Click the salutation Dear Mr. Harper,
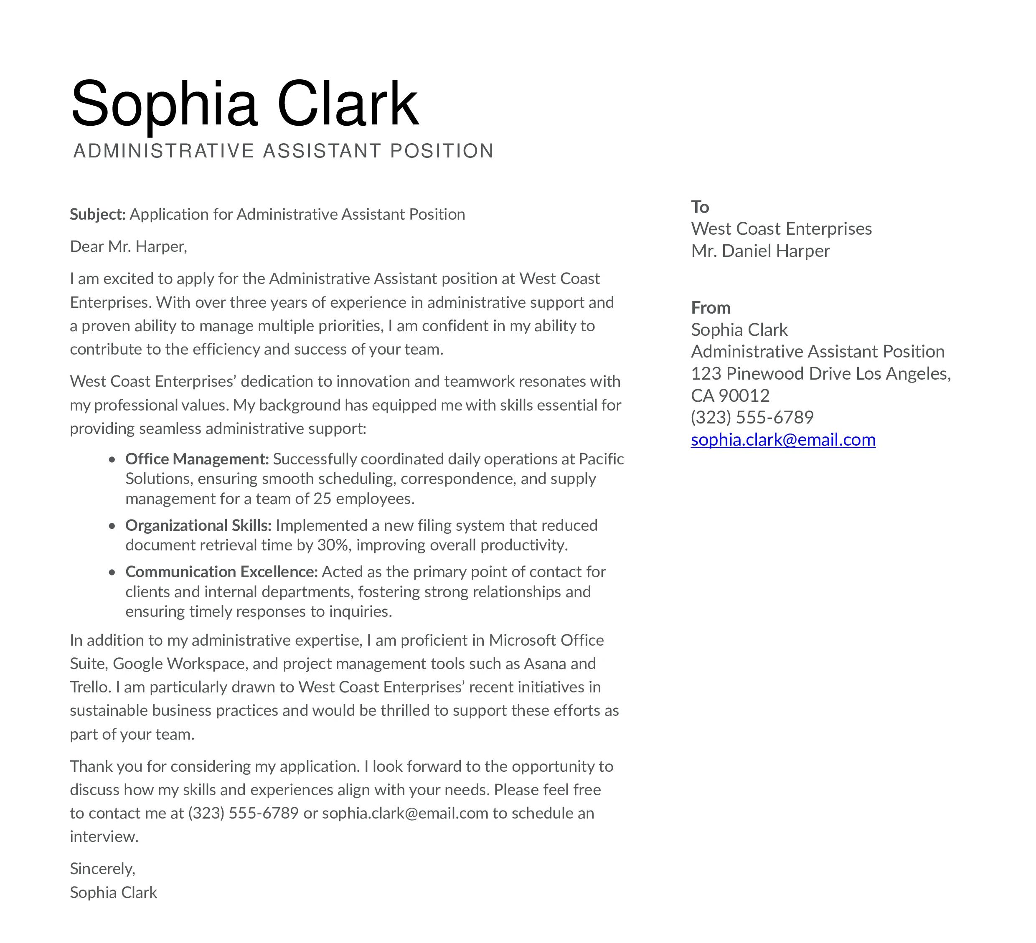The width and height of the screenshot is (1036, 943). coord(129,246)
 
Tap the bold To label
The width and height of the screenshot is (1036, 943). coord(700,207)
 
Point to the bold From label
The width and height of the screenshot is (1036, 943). coord(711,308)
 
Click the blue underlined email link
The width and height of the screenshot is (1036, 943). coord(783,440)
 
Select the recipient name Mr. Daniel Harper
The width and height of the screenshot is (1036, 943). coord(760,251)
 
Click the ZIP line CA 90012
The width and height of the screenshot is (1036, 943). coord(730,395)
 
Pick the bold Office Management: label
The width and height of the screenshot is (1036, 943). coord(197,459)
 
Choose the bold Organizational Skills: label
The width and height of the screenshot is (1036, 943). coord(198,525)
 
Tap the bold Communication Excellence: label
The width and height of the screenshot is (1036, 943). coord(221,572)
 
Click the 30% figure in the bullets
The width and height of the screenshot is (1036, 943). coord(333,545)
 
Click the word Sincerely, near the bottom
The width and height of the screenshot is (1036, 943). coord(102,869)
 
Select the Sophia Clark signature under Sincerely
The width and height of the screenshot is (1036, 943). coord(113,892)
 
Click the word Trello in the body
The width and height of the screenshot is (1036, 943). coord(89,687)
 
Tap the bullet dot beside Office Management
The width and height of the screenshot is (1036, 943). coord(112,460)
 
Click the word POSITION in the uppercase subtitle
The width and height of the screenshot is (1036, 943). coord(442,151)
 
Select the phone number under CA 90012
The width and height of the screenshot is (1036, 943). coord(752,417)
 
